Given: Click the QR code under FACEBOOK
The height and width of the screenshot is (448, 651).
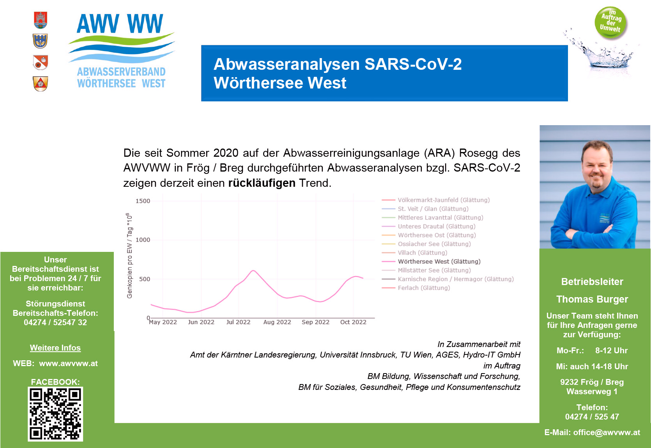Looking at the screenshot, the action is pyautogui.click(x=55, y=414).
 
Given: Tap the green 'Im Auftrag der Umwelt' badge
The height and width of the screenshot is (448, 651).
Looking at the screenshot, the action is pyautogui.click(x=610, y=22).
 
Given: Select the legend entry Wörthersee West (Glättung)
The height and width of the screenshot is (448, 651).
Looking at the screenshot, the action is pyautogui.click(x=439, y=261).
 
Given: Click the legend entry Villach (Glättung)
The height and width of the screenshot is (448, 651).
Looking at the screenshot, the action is pyautogui.click(x=422, y=253).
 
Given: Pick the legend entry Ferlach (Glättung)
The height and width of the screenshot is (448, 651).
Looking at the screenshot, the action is pyautogui.click(x=424, y=288).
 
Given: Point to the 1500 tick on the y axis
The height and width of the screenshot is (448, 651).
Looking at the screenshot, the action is pyautogui.click(x=143, y=201).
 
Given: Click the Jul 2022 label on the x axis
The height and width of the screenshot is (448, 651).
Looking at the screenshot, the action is pyautogui.click(x=238, y=322).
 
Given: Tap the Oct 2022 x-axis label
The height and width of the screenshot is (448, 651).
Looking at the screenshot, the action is pyautogui.click(x=353, y=322).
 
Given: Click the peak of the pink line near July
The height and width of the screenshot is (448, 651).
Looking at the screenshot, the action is pyautogui.click(x=253, y=270).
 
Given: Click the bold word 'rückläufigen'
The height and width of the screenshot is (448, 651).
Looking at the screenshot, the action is pyautogui.click(x=262, y=183).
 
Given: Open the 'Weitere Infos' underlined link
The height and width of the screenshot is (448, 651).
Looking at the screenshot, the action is pyautogui.click(x=55, y=348).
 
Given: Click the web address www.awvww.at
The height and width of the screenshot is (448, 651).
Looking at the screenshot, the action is pyautogui.click(x=68, y=363).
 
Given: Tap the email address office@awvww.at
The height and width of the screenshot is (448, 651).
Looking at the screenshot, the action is pyautogui.click(x=607, y=432).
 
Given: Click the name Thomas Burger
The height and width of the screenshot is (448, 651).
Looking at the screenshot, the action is pyautogui.click(x=592, y=299).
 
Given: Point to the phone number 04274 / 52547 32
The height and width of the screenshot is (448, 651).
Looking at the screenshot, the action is pyautogui.click(x=55, y=322).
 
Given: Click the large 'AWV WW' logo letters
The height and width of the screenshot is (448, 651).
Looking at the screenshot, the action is pyautogui.click(x=120, y=23).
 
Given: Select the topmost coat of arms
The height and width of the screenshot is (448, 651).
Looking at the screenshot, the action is pyautogui.click(x=41, y=20).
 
